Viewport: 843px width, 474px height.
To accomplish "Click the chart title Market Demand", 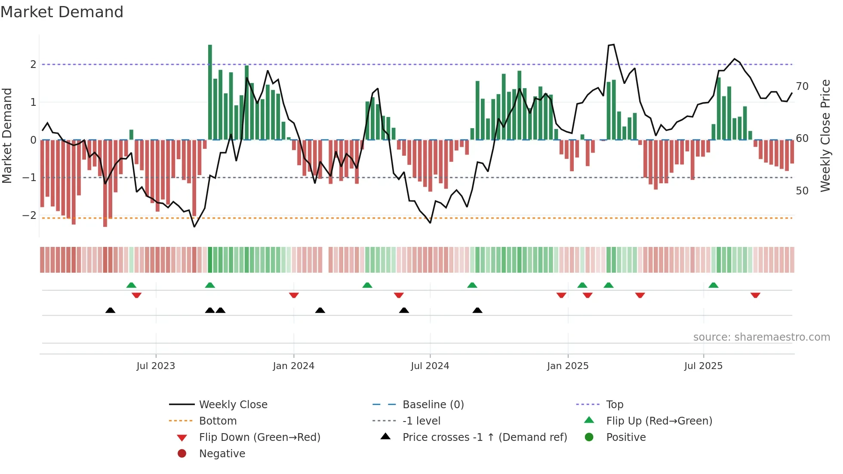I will (x=62, y=12).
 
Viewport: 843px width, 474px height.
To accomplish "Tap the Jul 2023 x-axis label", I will (x=156, y=366).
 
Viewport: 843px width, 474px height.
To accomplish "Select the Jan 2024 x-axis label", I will (x=293, y=366).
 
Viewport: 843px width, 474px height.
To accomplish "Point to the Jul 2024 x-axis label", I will (x=430, y=366).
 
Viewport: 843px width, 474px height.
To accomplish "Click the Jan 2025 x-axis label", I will (x=568, y=366).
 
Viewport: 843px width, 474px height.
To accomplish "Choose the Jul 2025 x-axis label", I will (x=703, y=366).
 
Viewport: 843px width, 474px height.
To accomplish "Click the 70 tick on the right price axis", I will (x=802, y=86).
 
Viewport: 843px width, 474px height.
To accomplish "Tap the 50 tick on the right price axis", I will (x=802, y=191).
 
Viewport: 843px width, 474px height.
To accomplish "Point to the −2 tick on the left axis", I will (x=29, y=215).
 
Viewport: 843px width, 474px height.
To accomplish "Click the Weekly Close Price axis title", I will (x=825, y=135).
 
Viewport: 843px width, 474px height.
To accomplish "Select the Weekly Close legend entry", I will (x=233, y=405).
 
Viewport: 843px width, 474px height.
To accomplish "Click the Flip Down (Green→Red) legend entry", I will (x=259, y=437).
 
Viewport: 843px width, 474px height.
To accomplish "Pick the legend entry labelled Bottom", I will (x=218, y=421).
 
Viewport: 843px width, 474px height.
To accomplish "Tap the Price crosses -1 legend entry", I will (x=485, y=437).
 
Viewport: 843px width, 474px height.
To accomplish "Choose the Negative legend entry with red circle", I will (x=222, y=454).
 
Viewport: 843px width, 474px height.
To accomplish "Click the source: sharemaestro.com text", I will (x=761, y=337).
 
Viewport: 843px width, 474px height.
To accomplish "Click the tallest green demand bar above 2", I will (x=210, y=90).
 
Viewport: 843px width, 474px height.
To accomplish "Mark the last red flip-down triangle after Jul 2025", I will (x=755, y=295).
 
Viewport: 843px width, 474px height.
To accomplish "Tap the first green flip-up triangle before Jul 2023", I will (x=131, y=285).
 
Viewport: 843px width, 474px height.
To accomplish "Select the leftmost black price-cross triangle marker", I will (x=110, y=310).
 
